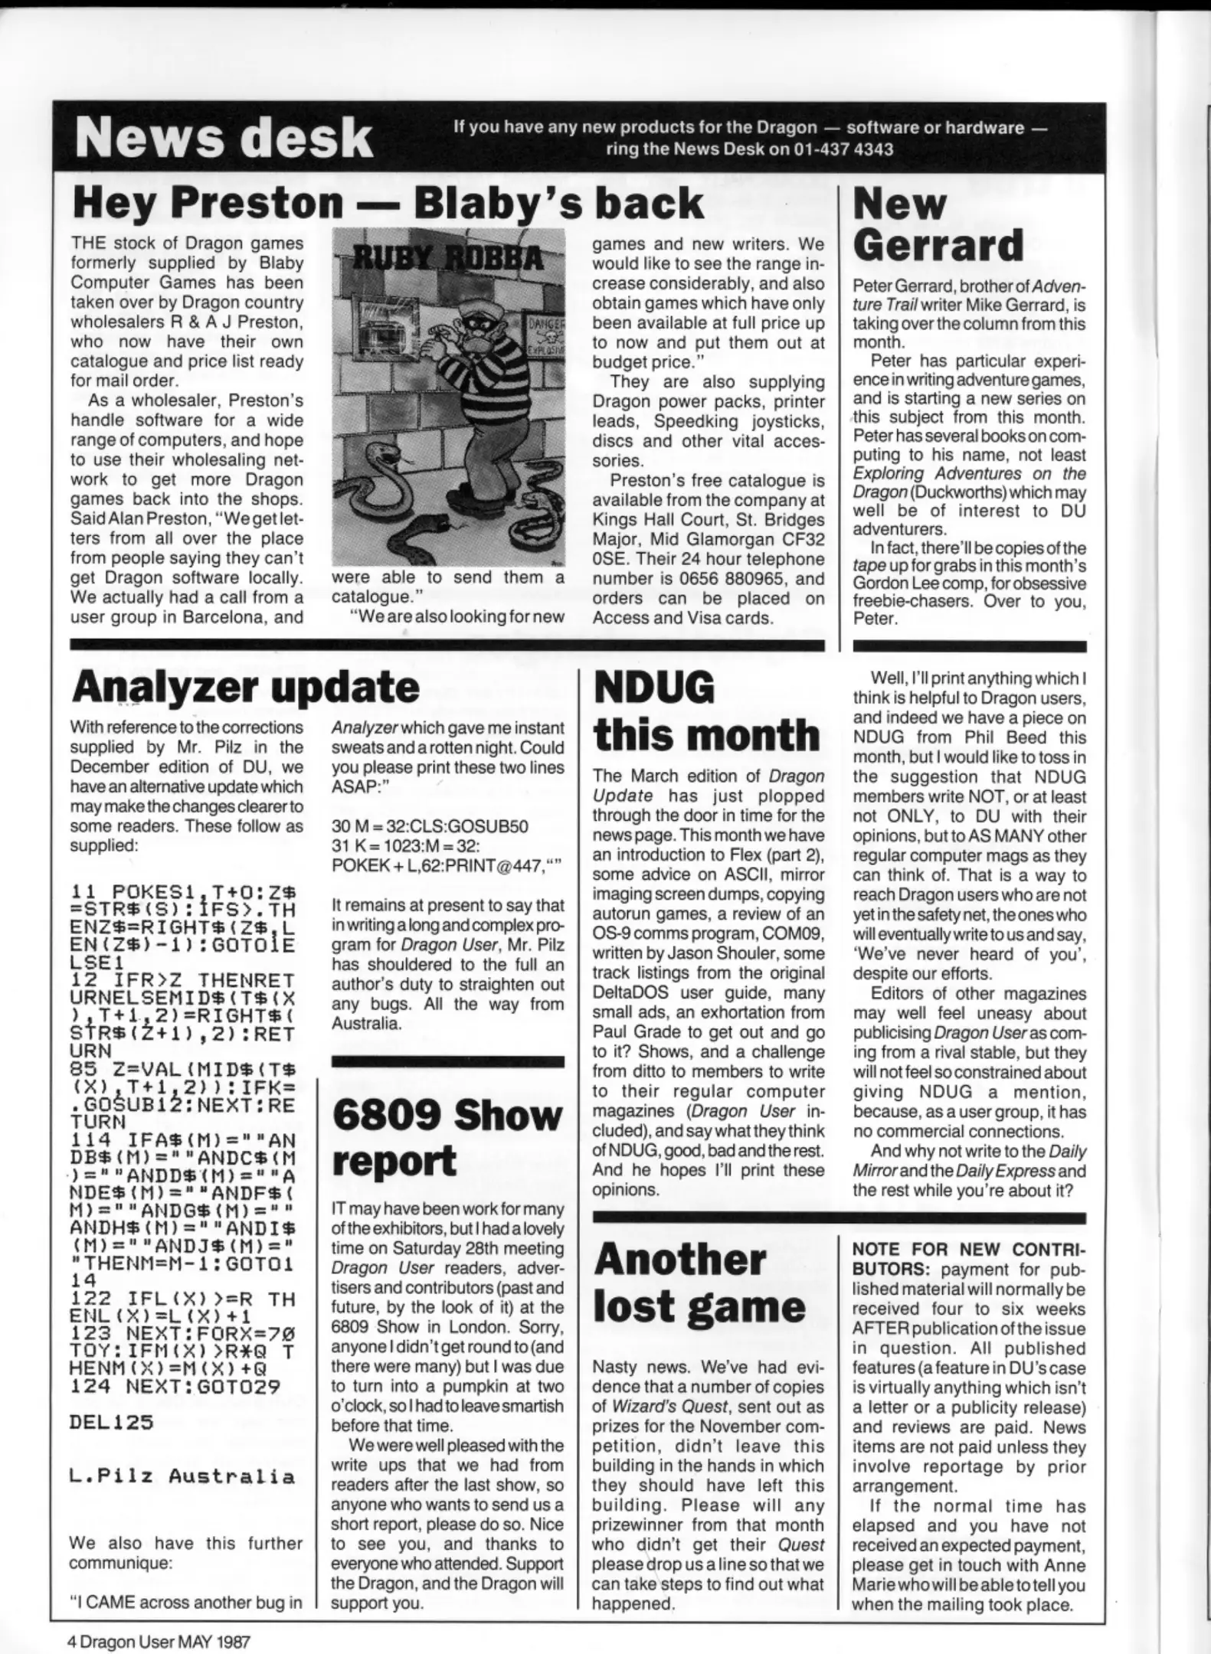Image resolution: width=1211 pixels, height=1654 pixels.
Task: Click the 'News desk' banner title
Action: point(224,139)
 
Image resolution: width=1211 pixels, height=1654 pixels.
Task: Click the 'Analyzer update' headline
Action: point(245,686)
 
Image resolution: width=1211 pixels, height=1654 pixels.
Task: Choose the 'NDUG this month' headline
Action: point(706,711)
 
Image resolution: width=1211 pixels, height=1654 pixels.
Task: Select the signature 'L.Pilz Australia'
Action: point(182,1477)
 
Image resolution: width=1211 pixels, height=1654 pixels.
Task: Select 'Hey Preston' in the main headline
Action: point(208,203)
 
